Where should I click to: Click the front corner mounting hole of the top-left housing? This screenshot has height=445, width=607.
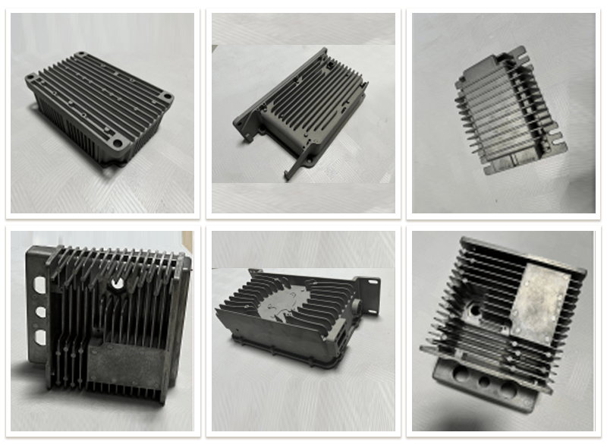[115, 142]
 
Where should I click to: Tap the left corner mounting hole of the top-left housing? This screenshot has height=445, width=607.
[32, 77]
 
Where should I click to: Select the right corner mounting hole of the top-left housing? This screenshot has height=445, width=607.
[166, 97]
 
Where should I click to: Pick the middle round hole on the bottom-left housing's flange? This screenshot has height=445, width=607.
[37, 311]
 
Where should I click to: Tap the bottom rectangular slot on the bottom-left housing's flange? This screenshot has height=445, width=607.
[38, 335]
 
